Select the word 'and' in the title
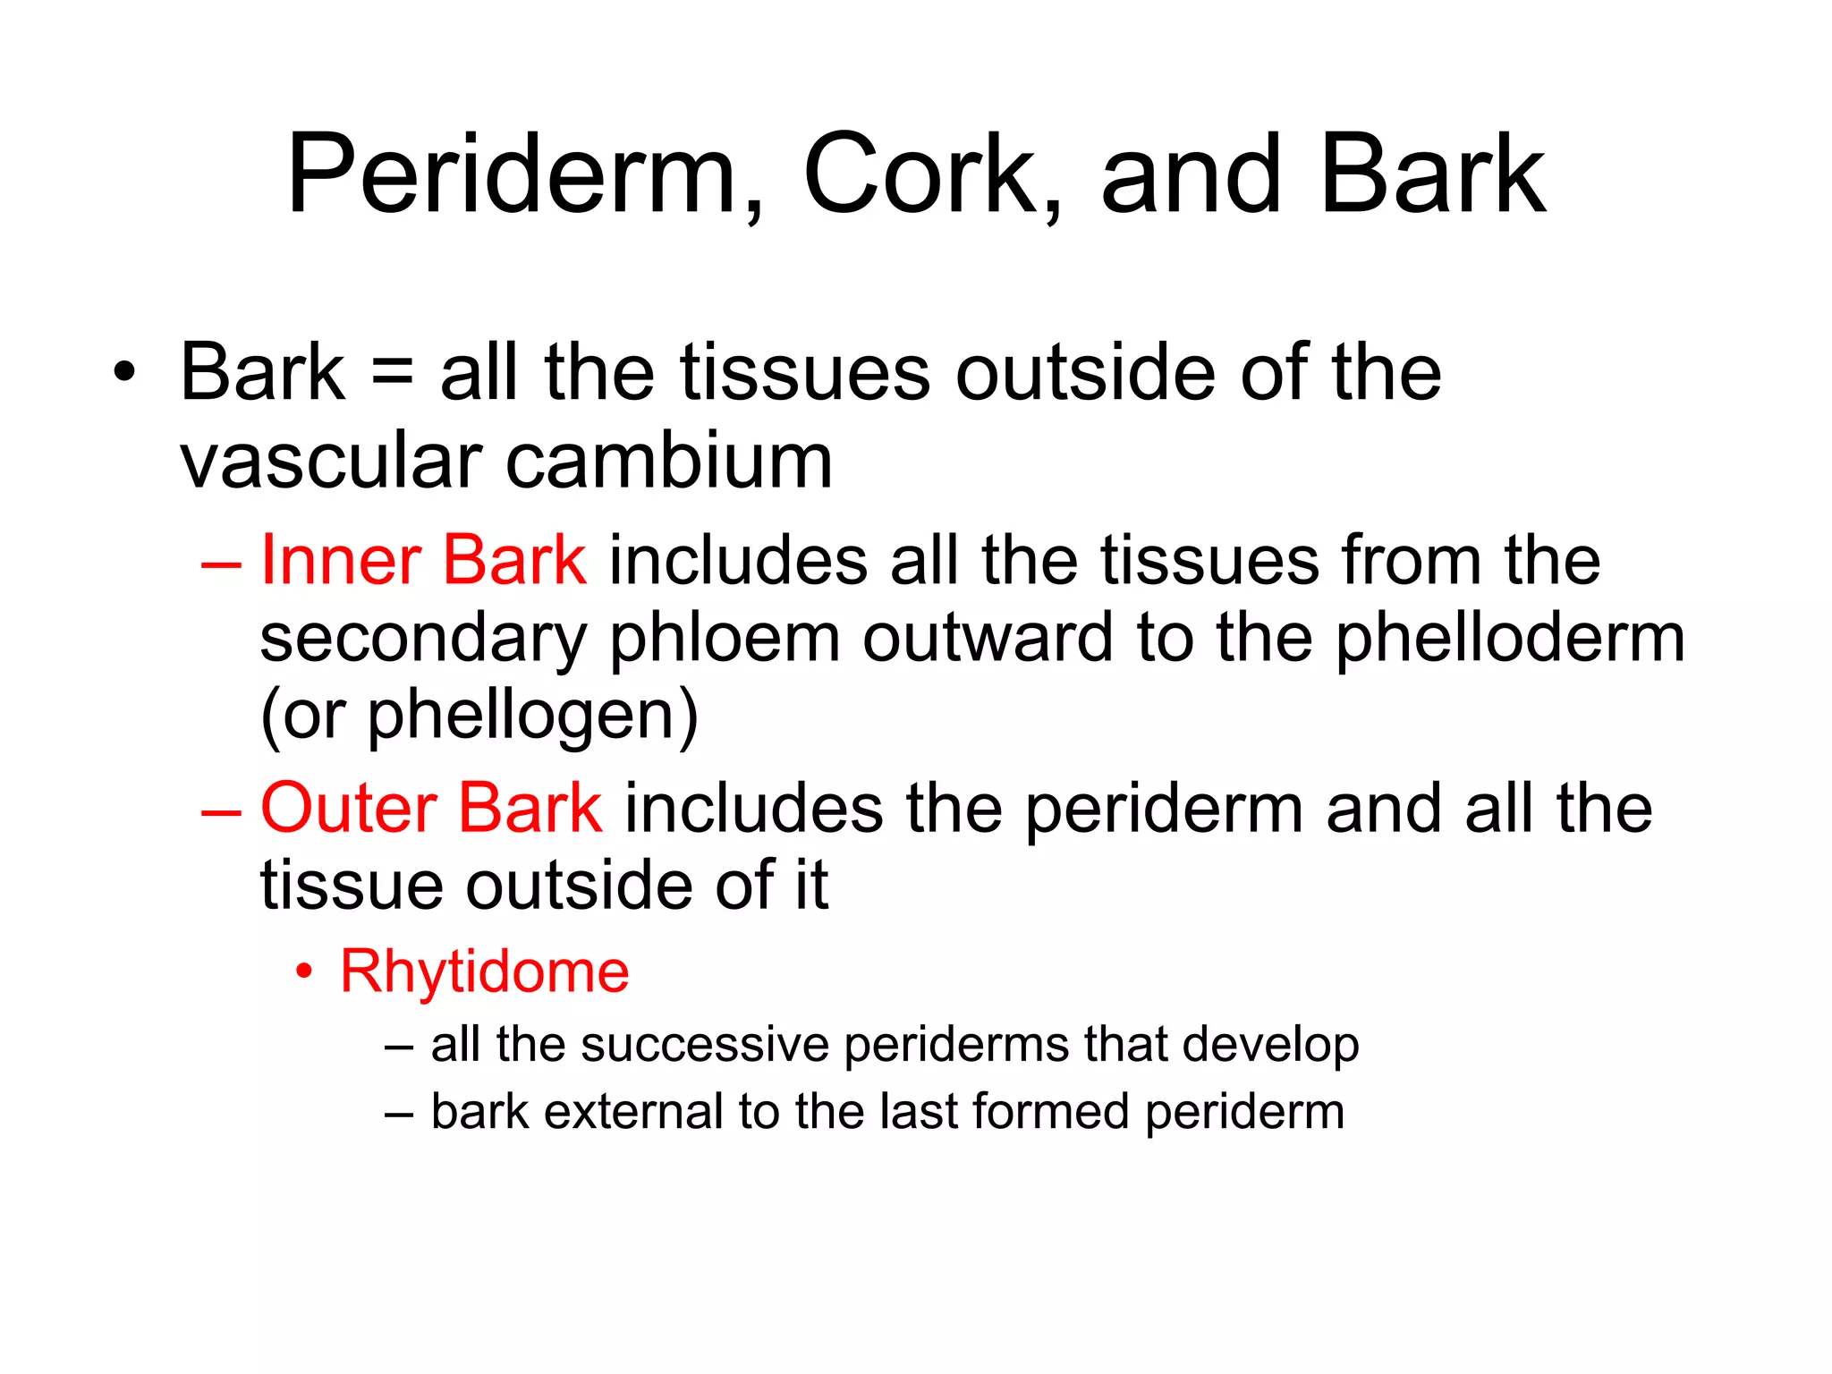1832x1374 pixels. coord(1191,174)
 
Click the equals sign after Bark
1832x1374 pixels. coord(392,374)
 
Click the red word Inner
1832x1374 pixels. coord(340,561)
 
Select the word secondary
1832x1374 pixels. coord(422,640)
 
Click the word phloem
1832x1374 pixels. coord(725,640)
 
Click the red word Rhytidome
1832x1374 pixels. coord(485,972)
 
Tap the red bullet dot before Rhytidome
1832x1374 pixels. coord(305,971)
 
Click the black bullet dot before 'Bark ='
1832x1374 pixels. coord(124,373)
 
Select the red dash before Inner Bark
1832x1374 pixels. coord(221,565)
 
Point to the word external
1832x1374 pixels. coord(634,1112)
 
